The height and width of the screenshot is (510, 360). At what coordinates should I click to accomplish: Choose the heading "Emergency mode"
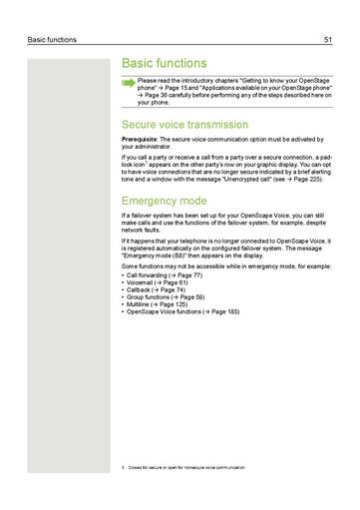coord(164,201)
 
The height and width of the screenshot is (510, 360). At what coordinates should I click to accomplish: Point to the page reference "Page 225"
coord(295,181)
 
